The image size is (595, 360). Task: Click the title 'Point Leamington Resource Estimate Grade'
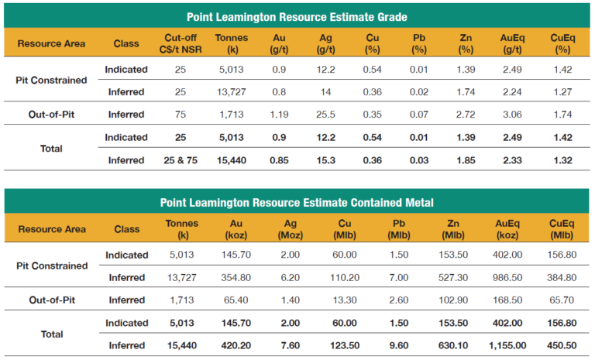(x=298, y=16)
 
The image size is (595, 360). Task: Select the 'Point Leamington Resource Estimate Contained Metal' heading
(x=298, y=203)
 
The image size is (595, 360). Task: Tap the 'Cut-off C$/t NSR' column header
(x=184, y=43)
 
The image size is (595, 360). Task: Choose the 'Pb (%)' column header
(x=420, y=43)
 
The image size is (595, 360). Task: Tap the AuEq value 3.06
(x=504, y=115)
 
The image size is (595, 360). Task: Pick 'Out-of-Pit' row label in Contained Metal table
(x=52, y=300)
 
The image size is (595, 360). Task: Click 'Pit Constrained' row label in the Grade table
(x=52, y=81)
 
